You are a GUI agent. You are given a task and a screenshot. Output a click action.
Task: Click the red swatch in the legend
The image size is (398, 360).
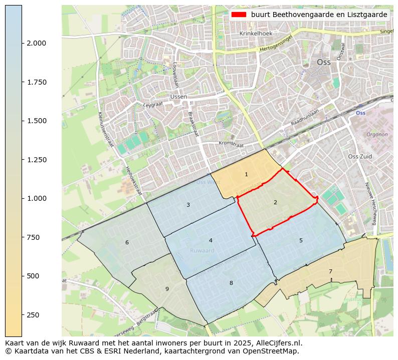pyautogui.click(x=239, y=15)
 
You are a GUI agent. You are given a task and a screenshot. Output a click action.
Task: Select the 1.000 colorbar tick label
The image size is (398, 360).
pyautogui.click(x=37, y=198)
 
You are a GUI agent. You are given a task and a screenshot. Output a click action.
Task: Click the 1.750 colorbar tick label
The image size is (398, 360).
pyautogui.click(x=37, y=82)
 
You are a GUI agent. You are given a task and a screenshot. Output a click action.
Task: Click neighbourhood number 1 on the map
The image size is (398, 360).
pyautogui.click(x=246, y=174)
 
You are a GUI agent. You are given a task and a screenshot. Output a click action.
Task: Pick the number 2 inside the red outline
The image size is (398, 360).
pyautogui.click(x=275, y=202)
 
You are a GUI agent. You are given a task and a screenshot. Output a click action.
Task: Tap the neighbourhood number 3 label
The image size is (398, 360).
pyautogui.click(x=188, y=205)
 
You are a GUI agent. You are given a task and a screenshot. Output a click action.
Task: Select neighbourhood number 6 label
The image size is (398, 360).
pyautogui.click(x=127, y=243)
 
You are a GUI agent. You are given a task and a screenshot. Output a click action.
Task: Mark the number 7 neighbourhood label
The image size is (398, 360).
pyautogui.click(x=330, y=271)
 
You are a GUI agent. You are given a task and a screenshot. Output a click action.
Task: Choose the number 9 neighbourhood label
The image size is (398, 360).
pyautogui.click(x=167, y=289)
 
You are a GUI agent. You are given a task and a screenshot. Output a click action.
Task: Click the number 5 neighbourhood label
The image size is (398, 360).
pyautogui.click(x=301, y=240)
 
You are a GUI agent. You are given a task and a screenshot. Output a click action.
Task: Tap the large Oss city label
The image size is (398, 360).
pyautogui.click(x=324, y=63)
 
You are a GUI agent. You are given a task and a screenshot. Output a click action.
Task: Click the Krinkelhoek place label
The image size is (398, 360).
pyautogui.click(x=255, y=34)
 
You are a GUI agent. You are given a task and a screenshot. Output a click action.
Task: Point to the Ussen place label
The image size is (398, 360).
pyautogui.click(x=178, y=97)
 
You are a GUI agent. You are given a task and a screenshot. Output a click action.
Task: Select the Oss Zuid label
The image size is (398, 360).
pyautogui.click(x=360, y=157)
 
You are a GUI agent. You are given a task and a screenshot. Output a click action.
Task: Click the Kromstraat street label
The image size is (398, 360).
pyautogui.click(x=231, y=144)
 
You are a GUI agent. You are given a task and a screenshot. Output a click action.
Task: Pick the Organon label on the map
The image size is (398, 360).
pyautogui.click(x=377, y=135)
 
